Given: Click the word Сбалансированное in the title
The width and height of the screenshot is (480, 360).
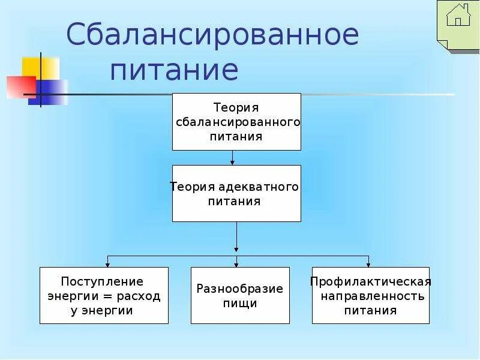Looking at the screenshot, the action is pos(212,35).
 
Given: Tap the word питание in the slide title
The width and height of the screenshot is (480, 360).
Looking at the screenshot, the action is pos(174,70).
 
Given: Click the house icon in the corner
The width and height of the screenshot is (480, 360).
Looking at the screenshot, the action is pos(458,16).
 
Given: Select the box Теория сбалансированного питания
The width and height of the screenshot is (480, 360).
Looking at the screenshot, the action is pos(236,122).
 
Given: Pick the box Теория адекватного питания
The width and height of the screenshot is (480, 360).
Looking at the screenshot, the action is pos(236,194).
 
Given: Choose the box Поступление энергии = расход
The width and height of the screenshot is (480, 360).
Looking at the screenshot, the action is pos(104,295).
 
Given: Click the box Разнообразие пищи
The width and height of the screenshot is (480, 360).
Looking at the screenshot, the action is pos(240,295).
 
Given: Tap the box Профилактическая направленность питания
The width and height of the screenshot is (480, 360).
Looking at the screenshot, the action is pos(371,295).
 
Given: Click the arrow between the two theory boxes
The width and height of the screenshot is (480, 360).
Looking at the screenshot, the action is pos(233,158).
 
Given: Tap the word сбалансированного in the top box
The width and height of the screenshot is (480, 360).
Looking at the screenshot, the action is pos(238,122).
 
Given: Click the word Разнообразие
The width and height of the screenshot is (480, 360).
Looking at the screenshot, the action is pos(240,289).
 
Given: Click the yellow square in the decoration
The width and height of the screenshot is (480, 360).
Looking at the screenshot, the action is pos(40,68).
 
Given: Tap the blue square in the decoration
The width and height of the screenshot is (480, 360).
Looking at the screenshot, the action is pos(48,92).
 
